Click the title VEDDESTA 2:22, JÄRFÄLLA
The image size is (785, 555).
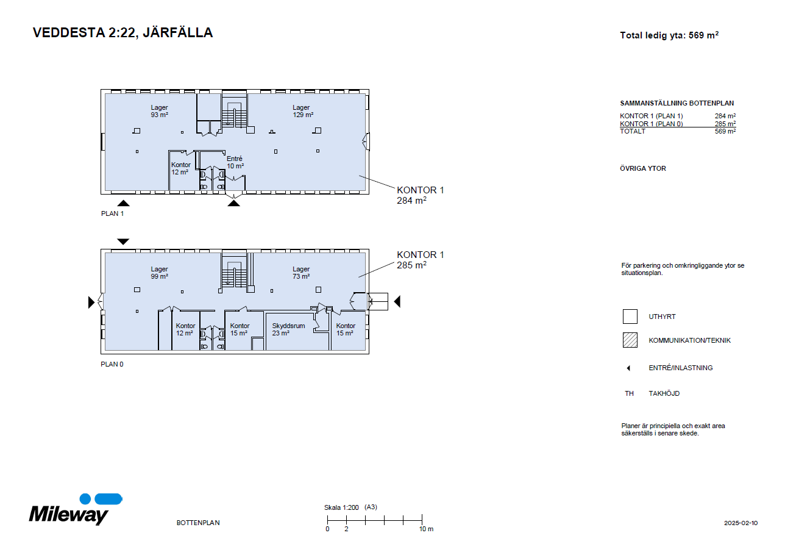tap(123, 32)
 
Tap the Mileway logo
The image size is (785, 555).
tap(76, 509)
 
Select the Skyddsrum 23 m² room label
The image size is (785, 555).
tap(288, 329)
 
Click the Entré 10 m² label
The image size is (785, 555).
tap(235, 162)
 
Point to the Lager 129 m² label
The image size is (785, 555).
tap(303, 111)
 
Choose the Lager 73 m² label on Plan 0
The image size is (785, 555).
tap(301, 273)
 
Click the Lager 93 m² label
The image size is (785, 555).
tap(160, 111)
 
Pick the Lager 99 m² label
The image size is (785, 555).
tap(160, 273)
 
